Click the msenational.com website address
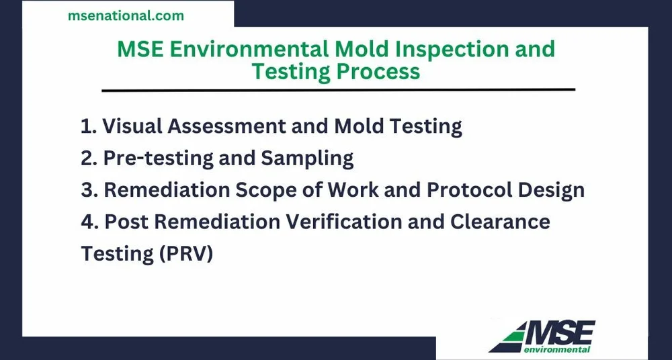pos(126,15)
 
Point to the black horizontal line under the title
pos(338,89)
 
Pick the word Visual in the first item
pos(131,126)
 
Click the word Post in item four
pos(125,222)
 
